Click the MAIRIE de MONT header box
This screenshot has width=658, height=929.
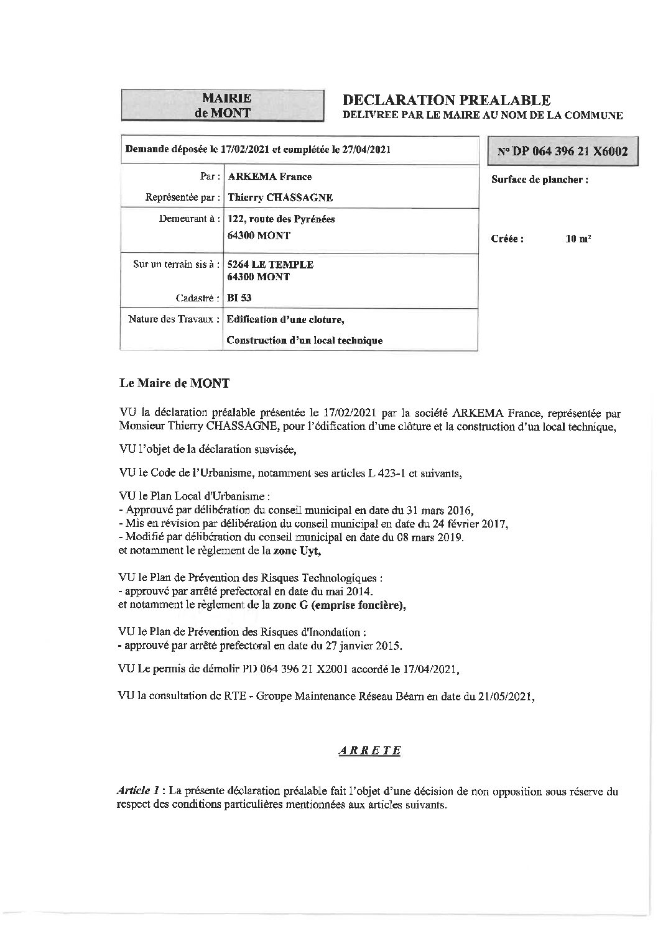click(223, 105)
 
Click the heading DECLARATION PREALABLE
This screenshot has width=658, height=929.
click(447, 99)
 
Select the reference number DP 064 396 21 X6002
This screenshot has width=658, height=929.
click(563, 152)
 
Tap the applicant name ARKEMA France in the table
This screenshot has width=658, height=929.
click(270, 176)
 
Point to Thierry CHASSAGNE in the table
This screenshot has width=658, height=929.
click(280, 198)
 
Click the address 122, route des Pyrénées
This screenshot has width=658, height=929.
click(281, 219)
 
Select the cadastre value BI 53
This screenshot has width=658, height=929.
click(239, 298)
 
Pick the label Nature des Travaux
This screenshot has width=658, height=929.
click(174, 319)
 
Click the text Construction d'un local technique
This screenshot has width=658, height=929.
click(305, 341)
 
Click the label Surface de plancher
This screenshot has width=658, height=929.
click(539, 180)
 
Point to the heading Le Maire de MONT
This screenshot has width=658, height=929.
click(174, 383)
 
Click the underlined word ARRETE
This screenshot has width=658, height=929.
click(369, 751)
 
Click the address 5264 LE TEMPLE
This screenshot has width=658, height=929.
click(271, 265)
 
